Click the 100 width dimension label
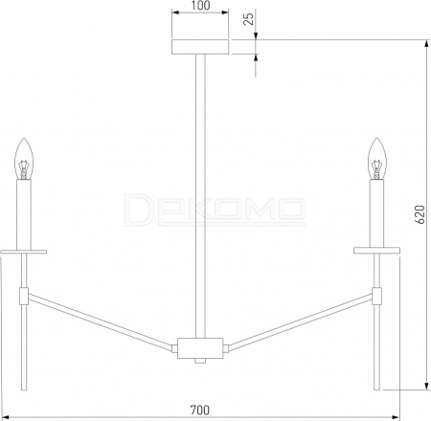tap(201, 6)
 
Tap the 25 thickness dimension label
tap(249, 18)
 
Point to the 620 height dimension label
tap(420, 214)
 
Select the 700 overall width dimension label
tap(200, 410)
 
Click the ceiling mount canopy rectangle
tap(200, 47)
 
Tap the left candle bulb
tap(24, 159)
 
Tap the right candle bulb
tap(377, 159)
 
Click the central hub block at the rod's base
tap(200, 348)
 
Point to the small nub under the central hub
tap(200, 361)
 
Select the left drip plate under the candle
tap(24, 252)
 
